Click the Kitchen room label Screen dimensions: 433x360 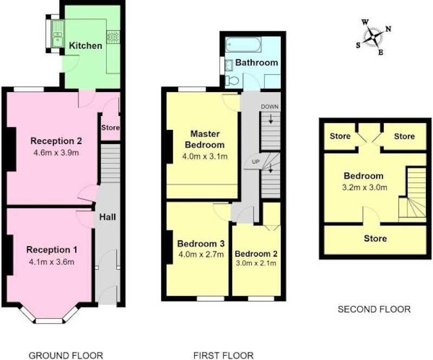[x=86, y=45]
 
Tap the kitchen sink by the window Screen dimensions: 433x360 [x=58, y=34]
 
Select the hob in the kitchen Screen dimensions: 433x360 [x=113, y=37]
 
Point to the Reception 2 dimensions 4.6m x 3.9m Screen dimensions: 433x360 [x=56, y=153]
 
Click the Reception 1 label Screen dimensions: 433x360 [x=51, y=250]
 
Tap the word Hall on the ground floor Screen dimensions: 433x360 [x=107, y=217]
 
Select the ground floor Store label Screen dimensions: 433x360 [x=110, y=128]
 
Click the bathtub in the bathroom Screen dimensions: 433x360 [x=242, y=45]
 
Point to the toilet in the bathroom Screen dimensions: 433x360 [x=232, y=81]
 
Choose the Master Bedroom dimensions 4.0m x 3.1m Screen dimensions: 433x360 [x=205, y=156]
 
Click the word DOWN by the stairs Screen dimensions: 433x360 [x=270, y=107]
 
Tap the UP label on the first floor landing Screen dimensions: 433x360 [x=256, y=162]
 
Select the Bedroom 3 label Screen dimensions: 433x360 [x=201, y=244]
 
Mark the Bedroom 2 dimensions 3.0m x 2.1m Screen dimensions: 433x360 [x=256, y=263]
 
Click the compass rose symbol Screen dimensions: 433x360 [x=373, y=37]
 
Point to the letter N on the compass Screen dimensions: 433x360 [x=388, y=29]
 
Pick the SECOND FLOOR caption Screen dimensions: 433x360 [x=374, y=309]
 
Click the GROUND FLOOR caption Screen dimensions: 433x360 [x=65, y=355]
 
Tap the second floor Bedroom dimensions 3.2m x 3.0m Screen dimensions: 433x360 [x=364, y=188]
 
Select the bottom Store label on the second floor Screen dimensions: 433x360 [x=375, y=238]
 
